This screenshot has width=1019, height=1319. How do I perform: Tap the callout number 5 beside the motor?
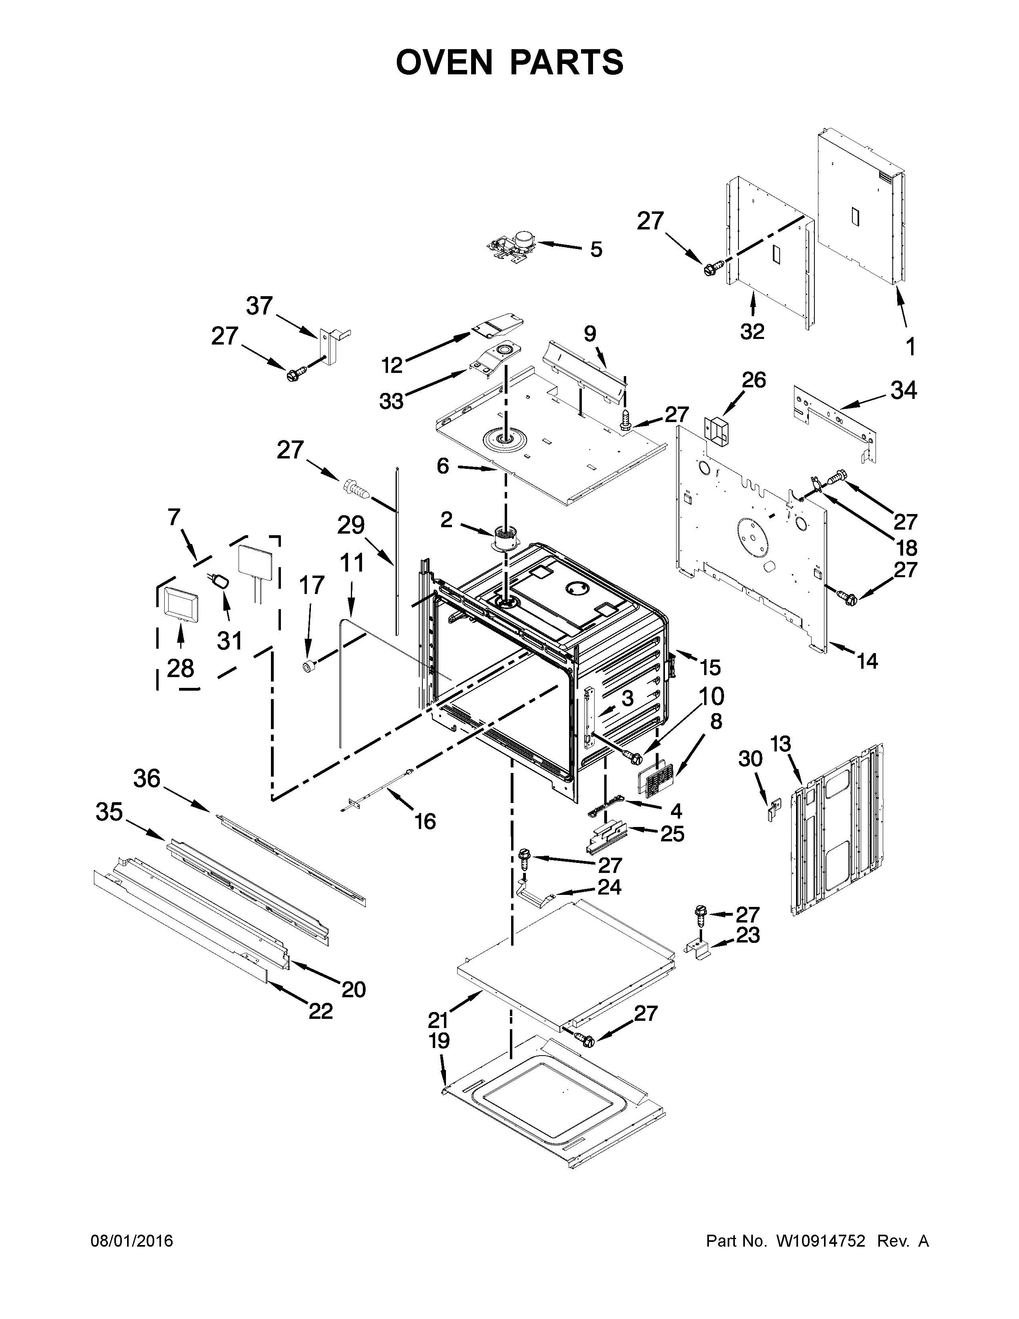596,249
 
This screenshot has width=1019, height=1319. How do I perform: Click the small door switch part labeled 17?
309,666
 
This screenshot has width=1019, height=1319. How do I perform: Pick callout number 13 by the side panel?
780,744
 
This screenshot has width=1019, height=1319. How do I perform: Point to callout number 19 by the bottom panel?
440,1041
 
